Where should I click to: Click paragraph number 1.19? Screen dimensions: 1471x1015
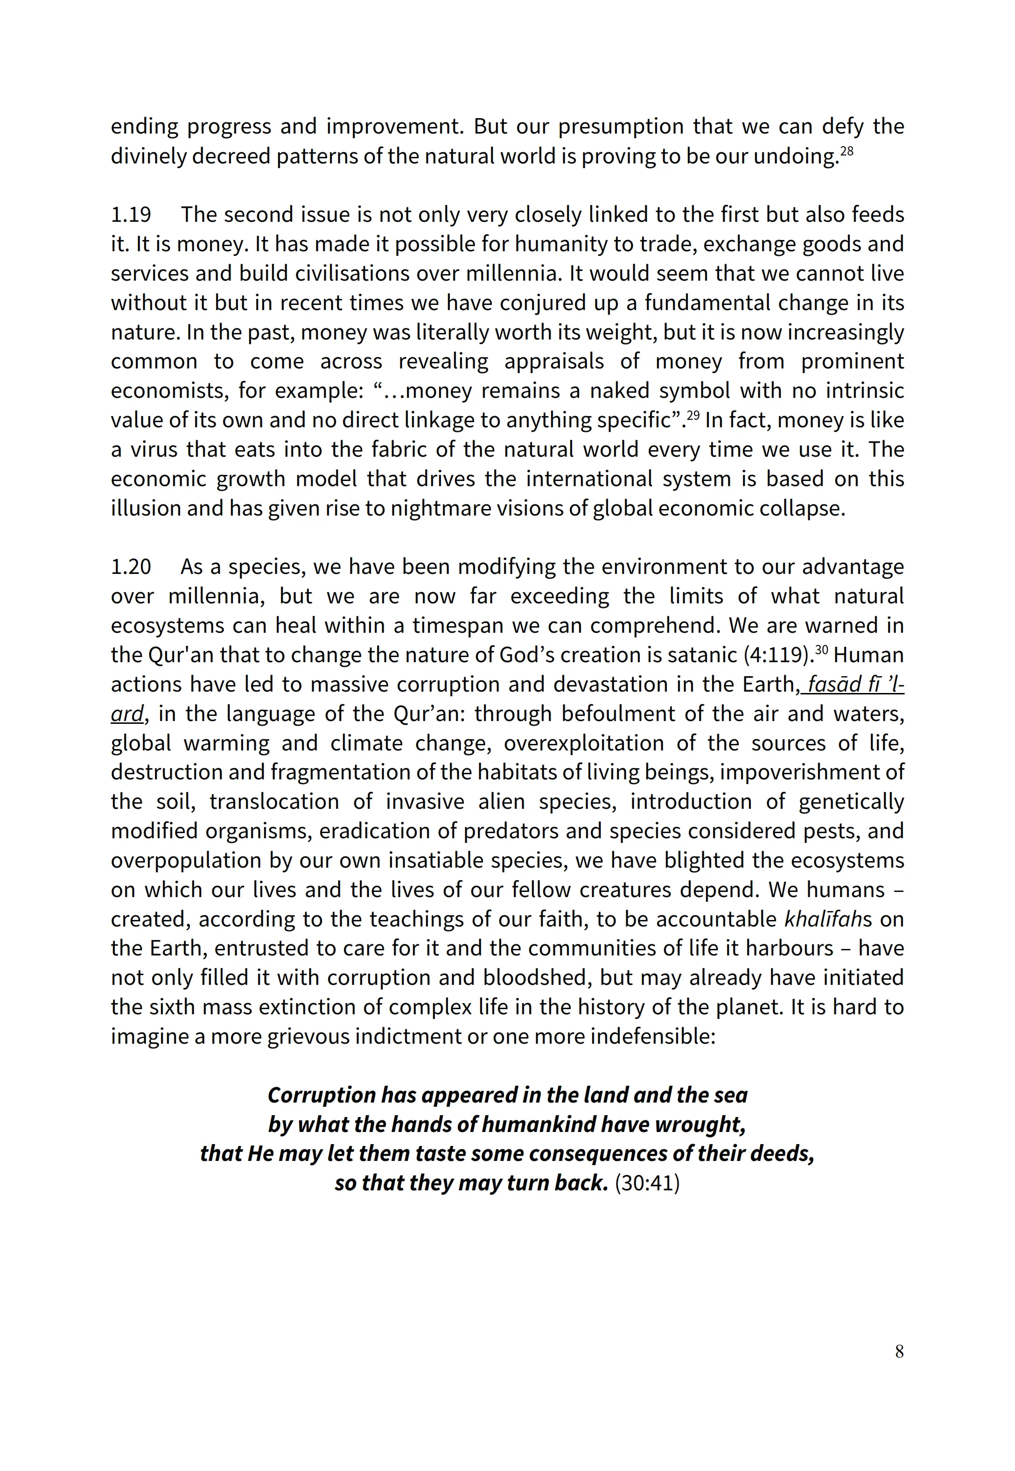131,215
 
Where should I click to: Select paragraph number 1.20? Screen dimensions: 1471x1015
131,567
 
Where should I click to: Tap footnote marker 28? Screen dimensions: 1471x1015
847,150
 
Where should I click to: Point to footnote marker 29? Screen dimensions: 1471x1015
693,415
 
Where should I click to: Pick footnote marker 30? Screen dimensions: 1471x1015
822,650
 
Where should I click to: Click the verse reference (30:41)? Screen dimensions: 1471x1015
647,1183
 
